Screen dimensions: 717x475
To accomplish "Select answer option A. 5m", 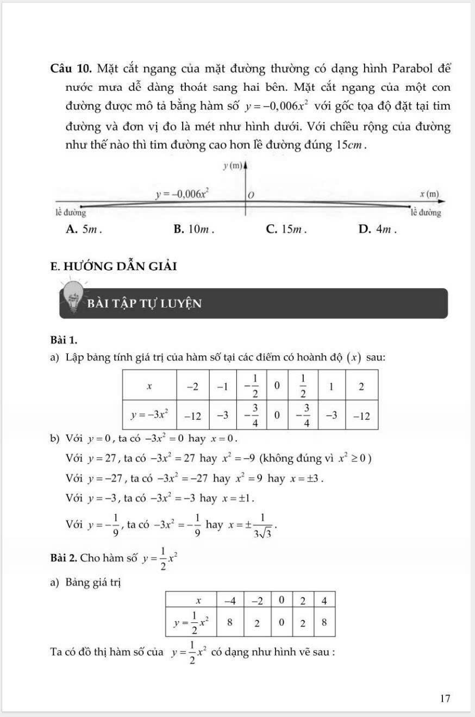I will click(84, 229).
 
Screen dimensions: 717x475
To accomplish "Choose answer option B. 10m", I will click(194, 229).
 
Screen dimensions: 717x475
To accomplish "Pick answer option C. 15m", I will click(286, 229).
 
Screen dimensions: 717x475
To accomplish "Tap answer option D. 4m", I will click(378, 229).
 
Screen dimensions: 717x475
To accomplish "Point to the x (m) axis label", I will click(429, 194).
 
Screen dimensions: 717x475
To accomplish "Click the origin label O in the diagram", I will click(251, 194).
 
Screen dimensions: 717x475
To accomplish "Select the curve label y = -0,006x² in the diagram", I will click(183, 193).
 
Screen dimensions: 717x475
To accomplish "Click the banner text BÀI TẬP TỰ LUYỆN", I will click(146, 303).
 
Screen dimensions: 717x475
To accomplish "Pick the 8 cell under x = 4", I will click(324, 622).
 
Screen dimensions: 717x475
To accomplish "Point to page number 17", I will click(445, 699).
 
